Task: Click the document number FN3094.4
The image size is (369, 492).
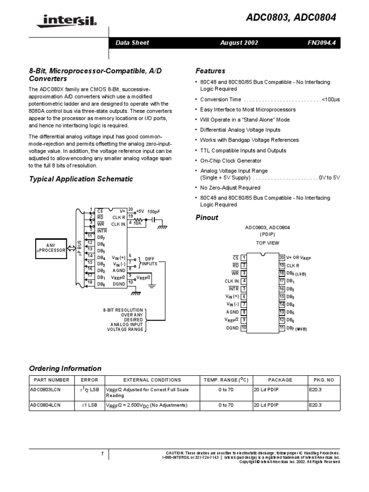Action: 324,43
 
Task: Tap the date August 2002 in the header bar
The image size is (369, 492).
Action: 239,43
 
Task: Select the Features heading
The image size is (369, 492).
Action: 210,71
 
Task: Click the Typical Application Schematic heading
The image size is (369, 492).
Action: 81,179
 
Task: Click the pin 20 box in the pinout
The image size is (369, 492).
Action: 282,257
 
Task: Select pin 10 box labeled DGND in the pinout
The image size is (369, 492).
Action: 244,328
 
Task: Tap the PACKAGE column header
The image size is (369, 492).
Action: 279,380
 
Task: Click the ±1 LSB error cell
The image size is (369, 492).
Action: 90,406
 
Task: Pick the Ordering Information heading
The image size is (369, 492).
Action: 65,369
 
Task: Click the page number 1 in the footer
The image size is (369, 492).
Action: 102,453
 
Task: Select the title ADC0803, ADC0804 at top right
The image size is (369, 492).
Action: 298,18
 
